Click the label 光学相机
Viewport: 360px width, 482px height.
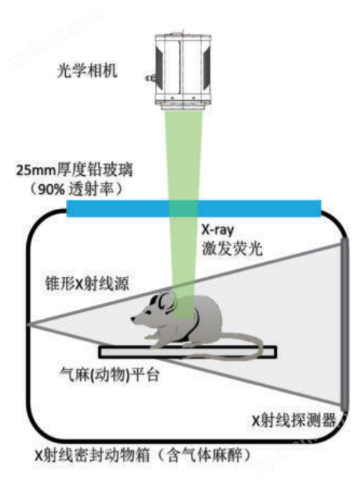(x=87, y=70)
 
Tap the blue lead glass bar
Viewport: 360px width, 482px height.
(x=194, y=208)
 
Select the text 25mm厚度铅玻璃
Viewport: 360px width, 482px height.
(x=74, y=170)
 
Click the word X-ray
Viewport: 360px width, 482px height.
(x=218, y=230)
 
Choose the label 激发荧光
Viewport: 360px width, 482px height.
(x=232, y=248)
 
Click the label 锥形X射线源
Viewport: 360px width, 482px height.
(x=87, y=283)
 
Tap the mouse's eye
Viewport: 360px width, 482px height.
(x=149, y=312)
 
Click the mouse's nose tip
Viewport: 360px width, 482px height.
(x=132, y=319)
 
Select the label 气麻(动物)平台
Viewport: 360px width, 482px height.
(x=109, y=375)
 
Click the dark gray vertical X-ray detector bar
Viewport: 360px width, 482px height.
(x=344, y=324)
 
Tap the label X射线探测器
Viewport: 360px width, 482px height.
(x=294, y=420)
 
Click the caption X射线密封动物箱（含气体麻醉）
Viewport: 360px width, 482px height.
(x=142, y=455)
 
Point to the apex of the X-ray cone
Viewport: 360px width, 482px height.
(x=28, y=324)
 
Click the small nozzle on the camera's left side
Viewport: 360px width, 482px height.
(x=150, y=78)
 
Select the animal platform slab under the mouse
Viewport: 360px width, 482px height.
(x=188, y=353)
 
